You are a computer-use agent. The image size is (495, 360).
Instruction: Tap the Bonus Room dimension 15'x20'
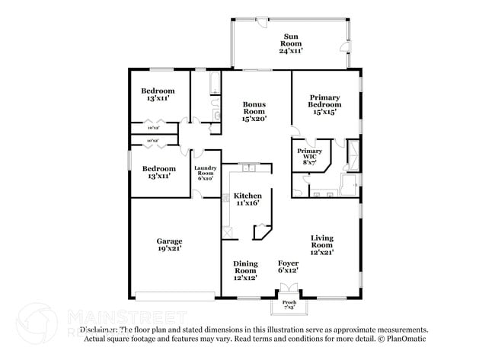coord(254,119)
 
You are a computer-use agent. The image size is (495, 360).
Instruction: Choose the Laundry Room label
coord(206,171)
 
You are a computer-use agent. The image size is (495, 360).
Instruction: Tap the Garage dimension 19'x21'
coord(169,249)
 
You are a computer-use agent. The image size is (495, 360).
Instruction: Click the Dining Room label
coord(245,266)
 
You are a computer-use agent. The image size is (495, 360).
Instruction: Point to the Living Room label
coord(321,241)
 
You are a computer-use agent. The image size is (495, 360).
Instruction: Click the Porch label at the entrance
coord(289,302)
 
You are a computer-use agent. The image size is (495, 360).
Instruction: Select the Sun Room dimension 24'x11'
coord(290,50)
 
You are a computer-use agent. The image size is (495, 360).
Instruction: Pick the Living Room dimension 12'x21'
coord(321,251)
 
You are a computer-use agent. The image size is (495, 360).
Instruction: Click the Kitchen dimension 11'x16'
coord(247,203)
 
